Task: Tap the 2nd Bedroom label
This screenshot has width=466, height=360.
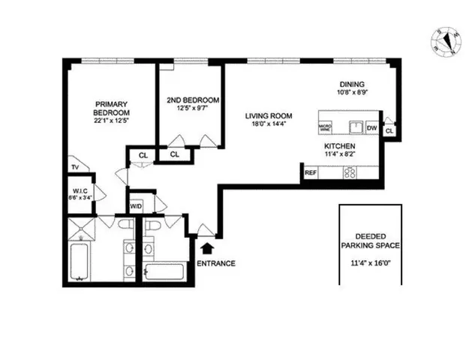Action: point(191,100)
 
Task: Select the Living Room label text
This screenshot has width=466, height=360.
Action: point(269,115)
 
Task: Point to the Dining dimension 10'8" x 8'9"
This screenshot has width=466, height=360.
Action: point(352,93)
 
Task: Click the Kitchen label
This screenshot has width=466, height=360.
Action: point(339,146)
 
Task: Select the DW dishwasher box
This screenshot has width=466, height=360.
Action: point(371,127)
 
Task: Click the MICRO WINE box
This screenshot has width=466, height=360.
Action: point(326,127)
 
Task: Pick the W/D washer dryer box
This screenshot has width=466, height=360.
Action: point(137,205)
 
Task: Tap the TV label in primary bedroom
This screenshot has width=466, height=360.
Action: point(75,166)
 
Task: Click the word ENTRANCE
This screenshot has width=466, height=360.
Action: point(216,263)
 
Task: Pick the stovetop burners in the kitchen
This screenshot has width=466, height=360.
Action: point(349,172)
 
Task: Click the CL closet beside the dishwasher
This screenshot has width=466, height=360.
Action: point(389,131)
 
